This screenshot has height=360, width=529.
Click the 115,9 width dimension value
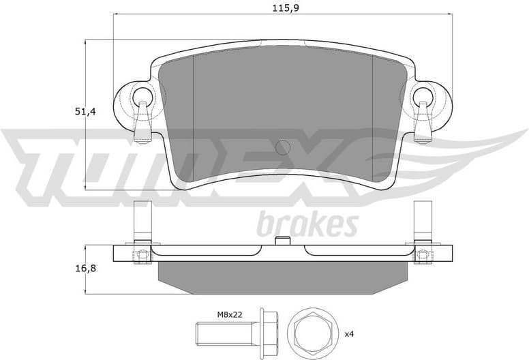(x=281, y=7)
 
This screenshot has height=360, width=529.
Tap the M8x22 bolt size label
(x=231, y=314)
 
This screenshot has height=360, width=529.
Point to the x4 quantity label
(x=349, y=334)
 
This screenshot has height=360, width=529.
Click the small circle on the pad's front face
(x=282, y=147)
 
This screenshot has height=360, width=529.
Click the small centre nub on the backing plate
(x=282, y=240)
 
